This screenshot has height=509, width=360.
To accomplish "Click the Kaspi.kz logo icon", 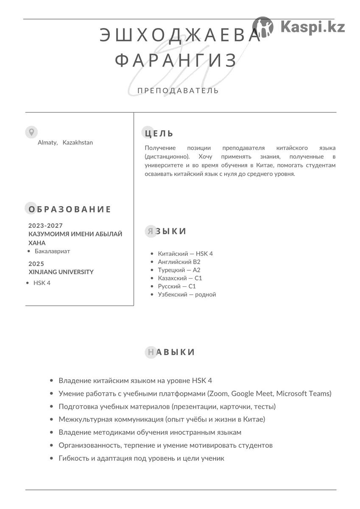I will (263, 27).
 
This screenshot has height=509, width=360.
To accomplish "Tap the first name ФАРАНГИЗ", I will (176, 61).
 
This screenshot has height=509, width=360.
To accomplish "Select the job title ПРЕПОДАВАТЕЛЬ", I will (178, 90).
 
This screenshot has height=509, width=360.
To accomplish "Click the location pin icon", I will (31, 132).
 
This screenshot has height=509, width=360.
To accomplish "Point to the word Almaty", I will (47, 143).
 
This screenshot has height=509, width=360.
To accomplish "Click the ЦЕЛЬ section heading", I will (159, 134).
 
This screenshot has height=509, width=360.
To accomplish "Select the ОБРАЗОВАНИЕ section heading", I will (70, 209).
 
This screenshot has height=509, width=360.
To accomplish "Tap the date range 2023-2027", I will (45, 226).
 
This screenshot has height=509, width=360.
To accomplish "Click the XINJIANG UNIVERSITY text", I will (61, 272).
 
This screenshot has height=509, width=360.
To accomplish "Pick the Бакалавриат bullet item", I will (52, 251).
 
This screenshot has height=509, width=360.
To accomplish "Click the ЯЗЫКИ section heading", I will (166, 231).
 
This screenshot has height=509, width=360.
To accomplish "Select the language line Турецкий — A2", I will (179, 270).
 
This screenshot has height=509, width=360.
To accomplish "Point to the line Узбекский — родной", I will (187, 294).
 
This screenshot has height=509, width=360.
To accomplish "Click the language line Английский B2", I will (179, 262).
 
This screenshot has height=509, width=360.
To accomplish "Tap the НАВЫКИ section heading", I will (170, 352).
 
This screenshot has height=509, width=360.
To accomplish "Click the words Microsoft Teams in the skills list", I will (304, 394).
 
